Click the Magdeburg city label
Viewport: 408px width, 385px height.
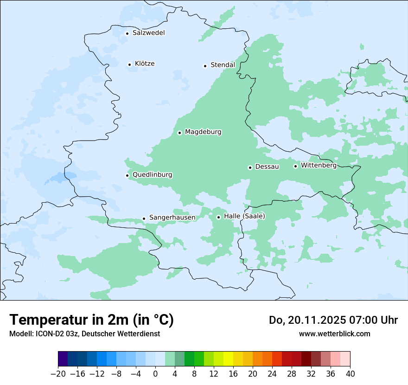coord(203,132)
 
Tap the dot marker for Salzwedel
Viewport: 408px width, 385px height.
coord(127,33)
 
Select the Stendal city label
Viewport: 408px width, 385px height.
coord(223,65)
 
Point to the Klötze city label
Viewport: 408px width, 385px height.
coord(145,64)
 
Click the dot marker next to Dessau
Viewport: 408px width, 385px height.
coord(250,167)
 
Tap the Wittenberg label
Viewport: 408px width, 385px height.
coord(319,166)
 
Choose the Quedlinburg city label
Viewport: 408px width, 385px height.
coord(152,175)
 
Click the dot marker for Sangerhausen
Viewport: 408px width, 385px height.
coord(144,218)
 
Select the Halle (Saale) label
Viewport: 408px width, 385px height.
coord(244,217)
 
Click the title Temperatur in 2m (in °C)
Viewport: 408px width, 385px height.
coord(91,320)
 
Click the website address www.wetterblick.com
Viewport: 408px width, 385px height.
coord(334,334)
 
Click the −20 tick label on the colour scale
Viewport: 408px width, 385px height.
coord(58,374)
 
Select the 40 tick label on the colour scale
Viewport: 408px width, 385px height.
coord(350,374)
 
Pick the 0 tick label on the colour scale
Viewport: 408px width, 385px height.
coord(155,374)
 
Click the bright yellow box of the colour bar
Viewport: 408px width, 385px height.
coord(228,359)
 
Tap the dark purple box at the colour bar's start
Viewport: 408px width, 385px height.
coord(63,359)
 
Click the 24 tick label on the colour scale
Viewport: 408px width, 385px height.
coord(272,374)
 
